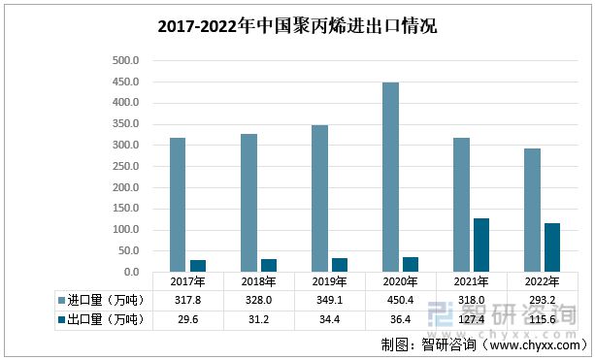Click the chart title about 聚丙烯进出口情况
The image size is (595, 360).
coord(297,27)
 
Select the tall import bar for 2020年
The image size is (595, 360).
coord(390,177)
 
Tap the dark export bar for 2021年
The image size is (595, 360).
coord(481,245)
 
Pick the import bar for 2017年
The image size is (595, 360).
coord(178,205)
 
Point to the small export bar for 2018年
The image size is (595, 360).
coord(269,265)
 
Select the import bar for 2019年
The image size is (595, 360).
coord(319,198)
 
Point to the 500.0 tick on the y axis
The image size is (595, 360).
coord(126,60)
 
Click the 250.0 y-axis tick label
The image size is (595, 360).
coord(126,166)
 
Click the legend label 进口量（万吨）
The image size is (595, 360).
coord(106,301)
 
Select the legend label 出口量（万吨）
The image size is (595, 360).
coord(106,320)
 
